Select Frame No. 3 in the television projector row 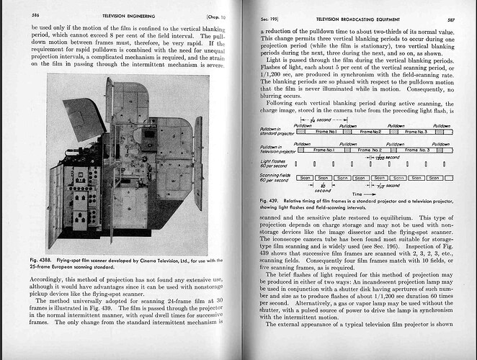(x=419, y=150)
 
